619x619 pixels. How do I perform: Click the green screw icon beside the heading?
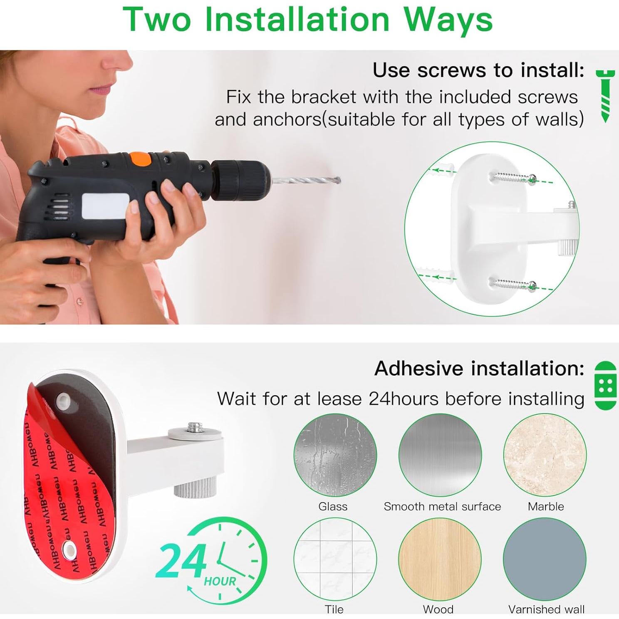click(x=605, y=96)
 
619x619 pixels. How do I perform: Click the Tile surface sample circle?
click(x=335, y=560)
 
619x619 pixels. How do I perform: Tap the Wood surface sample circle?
click(x=440, y=560)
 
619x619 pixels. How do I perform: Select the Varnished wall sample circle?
click(x=545, y=560)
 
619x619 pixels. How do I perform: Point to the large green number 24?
click(x=181, y=561)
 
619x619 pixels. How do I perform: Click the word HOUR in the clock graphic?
click(x=220, y=581)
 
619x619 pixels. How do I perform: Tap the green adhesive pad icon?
click(x=605, y=386)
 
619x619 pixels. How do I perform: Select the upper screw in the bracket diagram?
click(x=514, y=178)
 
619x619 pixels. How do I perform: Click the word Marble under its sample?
click(x=546, y=506)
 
